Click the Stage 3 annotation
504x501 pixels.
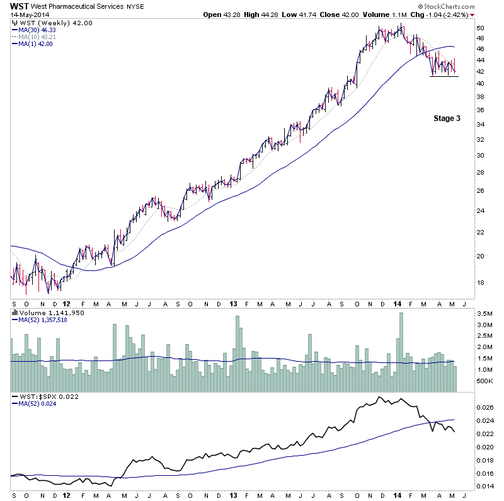[447, 118]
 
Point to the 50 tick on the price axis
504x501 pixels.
[480, 28]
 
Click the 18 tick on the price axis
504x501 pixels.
[480, 283]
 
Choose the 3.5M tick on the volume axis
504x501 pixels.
[484, 313]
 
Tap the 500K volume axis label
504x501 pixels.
[484, 381]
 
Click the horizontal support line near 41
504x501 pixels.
[444, 76]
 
